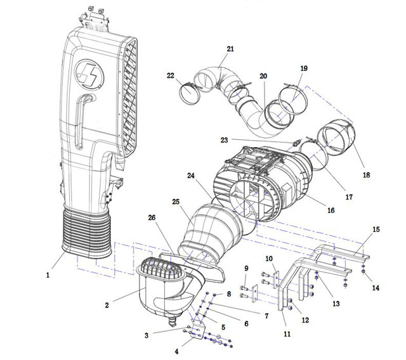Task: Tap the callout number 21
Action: (x=230, y=49)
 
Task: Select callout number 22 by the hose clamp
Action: (x=170, y=75)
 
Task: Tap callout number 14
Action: (x=376, y=288)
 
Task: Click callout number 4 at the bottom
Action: (x=177, y=350)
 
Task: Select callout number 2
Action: (x=107, y=304)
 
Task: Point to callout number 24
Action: (x=190, y=175)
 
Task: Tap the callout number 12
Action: (x=305, y=320)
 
